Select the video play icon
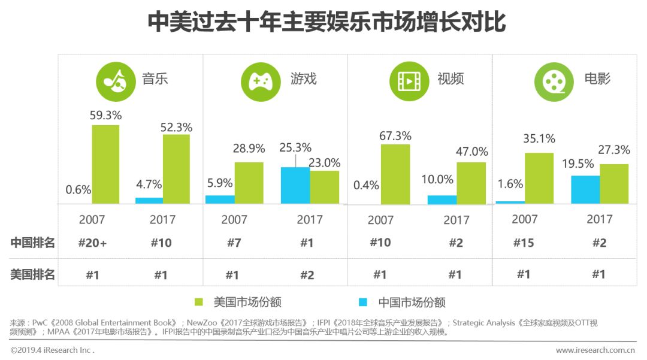point(409,81)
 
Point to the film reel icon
point(555,81)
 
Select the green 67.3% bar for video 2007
point(396,174)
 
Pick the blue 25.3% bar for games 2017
point(295,185)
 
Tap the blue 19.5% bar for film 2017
point(585,189)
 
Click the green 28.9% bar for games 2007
point(249,183)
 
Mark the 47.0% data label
point(471,151)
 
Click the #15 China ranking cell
point(524,243)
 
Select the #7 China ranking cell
point(234,243)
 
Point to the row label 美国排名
point(33,274)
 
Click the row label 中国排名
point(33,243)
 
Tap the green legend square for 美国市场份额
point(199,302)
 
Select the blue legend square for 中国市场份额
point(363,302)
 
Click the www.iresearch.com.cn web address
point(595,350)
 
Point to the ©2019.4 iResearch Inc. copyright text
point(53,350)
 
